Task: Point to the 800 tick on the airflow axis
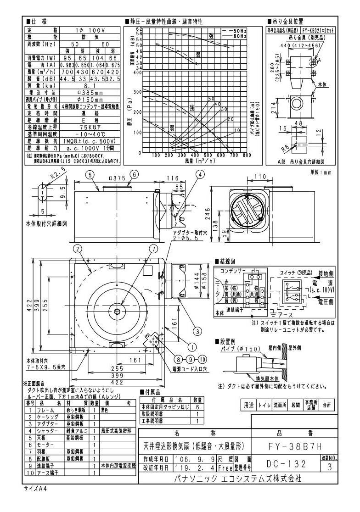point(247,155)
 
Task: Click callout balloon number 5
point(90,174)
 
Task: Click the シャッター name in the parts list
point(47,431)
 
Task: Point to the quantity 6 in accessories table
point(197,407)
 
